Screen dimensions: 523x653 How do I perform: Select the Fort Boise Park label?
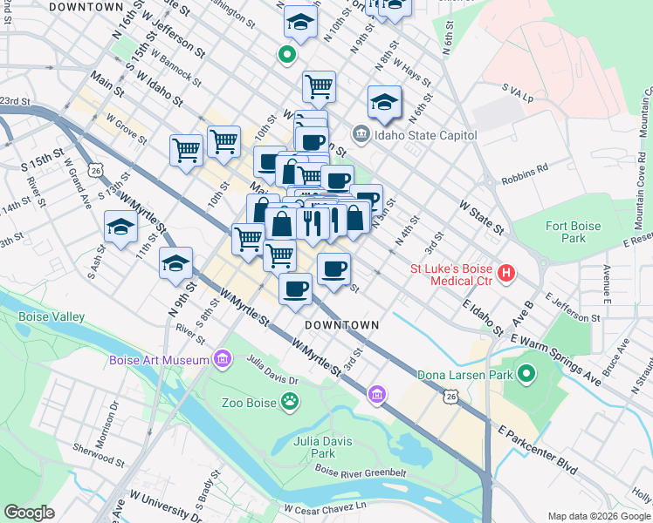(573, 232)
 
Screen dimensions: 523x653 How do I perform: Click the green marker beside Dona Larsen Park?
(526, 374)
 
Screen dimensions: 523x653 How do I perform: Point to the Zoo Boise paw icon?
(289, 402)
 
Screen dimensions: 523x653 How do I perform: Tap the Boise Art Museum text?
(159, 360)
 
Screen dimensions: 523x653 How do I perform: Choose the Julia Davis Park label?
(323, 447)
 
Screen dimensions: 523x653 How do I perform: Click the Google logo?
(29, 513)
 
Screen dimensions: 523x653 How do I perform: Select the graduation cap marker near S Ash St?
(120, 228)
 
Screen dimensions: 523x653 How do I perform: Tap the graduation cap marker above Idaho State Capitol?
(384, 103)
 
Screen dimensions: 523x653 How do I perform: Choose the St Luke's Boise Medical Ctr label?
(451, 275)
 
